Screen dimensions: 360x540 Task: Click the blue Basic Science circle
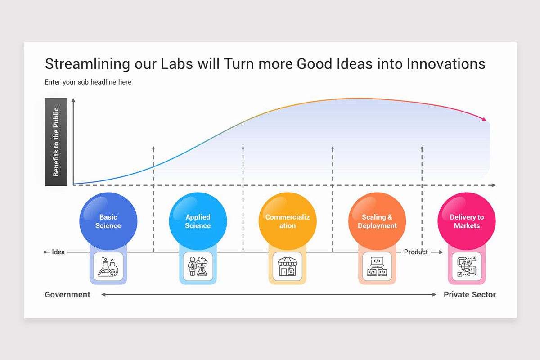[108, 221]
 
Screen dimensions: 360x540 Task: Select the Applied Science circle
[198, 221]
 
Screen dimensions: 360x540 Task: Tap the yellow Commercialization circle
[287, 221]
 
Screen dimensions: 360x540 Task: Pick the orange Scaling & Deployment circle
[377, 221]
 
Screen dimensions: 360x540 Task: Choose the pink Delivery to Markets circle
[467, 221]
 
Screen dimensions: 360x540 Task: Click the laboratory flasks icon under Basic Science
[108, 267]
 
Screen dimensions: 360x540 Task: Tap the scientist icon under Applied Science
[198, 267]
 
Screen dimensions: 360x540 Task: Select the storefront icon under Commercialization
[288, 267]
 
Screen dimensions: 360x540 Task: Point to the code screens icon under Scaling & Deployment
[377, 267]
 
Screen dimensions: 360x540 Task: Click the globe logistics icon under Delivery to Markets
[467, 267]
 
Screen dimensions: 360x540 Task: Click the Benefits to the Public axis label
[56, 142]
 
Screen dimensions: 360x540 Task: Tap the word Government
[67, 295]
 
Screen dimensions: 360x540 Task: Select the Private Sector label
[469, 295]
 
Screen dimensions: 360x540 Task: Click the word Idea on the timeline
[58, 252]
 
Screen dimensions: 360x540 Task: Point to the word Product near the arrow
[416, 252]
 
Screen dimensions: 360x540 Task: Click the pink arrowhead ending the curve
[484, 119]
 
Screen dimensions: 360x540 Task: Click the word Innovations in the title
[446, 64]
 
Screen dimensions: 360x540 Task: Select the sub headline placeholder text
[88, 82]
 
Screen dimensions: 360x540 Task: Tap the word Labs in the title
[177, 64]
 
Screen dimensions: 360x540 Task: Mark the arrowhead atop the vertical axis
[73, 100]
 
